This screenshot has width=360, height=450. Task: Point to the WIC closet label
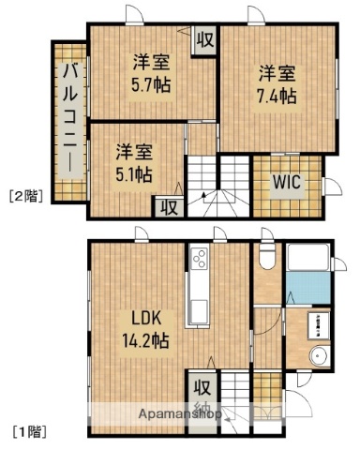[286, 183]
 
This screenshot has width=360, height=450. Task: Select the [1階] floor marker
[26, 432]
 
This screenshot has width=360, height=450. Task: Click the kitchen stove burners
[200, 259]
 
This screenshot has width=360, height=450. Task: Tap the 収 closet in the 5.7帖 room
[203, 41]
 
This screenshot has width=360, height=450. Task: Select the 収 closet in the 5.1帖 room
[168, 206]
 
